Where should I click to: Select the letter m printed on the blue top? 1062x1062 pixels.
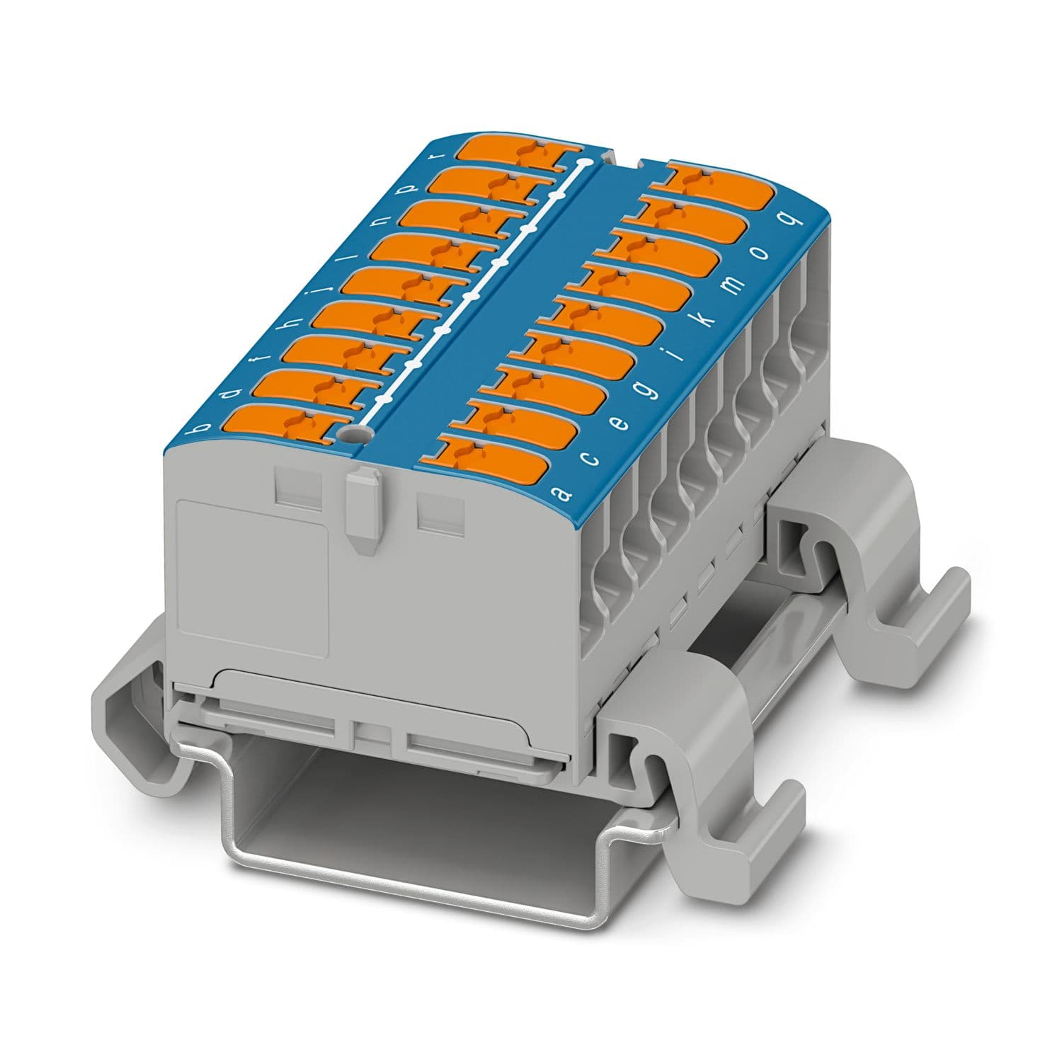736,285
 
